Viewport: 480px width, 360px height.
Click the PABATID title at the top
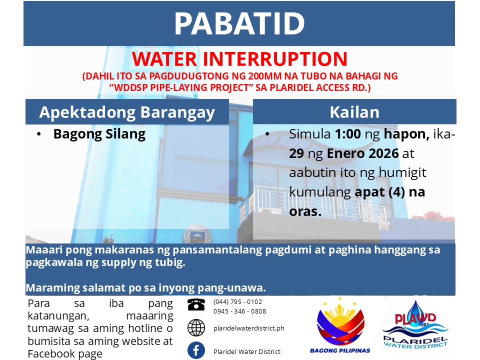click(x=239, y=23)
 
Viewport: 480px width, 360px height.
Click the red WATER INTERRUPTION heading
click(x=239, y=59)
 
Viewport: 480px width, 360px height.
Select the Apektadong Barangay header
click(x=127, y=112)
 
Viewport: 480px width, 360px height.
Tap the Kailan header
click(x=354, y=112)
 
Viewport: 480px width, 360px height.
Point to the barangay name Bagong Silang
click(x=99, y=134)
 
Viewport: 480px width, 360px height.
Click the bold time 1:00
click(x=348, y=134)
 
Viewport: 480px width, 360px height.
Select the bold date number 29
click(x=296, y=153)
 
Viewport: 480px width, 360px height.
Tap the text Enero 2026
click(x=363, y=153)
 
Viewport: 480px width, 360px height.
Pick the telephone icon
click(x=196, y=305)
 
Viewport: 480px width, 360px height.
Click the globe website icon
click(x=196, y=327)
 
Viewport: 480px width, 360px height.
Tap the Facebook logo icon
click(x=196, y=350)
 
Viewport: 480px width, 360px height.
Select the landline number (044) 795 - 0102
click(x=237, y=302)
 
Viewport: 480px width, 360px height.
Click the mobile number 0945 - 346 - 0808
click(x=239, y=311)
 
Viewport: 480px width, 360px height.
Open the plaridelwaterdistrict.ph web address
click(x=249, y=328)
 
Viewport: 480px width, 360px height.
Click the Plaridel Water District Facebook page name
click(x=246, y=351)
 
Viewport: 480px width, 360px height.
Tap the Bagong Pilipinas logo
click(x=340, y=325)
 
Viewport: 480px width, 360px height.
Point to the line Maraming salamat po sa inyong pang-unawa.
click(x=145, y=288)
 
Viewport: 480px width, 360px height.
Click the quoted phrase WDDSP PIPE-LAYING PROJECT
click(x=180, y=87)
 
